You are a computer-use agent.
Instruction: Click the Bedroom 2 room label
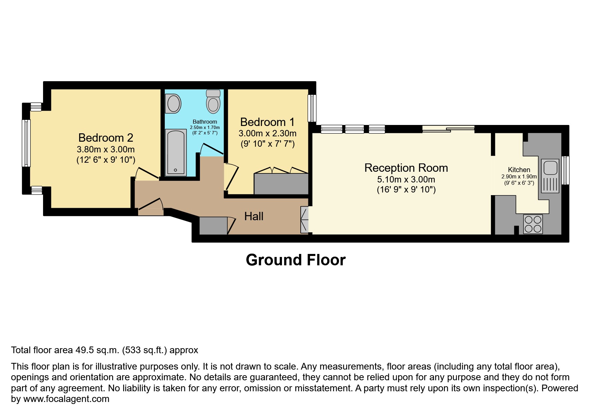pos(105,137)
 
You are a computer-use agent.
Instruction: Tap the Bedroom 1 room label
pos(267,122)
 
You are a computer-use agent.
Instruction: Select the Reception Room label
pos(406,168)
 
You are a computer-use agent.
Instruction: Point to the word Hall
pos(254,216)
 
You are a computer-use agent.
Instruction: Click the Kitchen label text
pos(519,170)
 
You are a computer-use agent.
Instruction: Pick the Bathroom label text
pos(205,122)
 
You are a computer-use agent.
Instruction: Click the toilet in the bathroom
pos(213,102)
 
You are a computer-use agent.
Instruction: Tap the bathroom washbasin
pos(173,103)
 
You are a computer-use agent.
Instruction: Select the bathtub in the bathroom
pos(176,152)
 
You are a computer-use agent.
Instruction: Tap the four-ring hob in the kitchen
pos(533,224)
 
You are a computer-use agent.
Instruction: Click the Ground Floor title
pos(296,260)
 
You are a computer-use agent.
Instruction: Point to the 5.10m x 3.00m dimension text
pos(406,179)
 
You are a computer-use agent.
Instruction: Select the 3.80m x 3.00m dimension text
pos(105,149)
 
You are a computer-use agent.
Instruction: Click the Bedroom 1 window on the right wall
pos(312,108)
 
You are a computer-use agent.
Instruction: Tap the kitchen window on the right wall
pos(565,170)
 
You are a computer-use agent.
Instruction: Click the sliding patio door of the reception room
pos(448,128)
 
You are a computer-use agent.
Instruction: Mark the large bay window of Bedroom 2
pos(26,143)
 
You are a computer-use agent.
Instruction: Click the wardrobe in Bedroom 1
pos(281,183)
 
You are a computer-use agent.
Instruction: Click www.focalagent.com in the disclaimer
pos(66,399)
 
